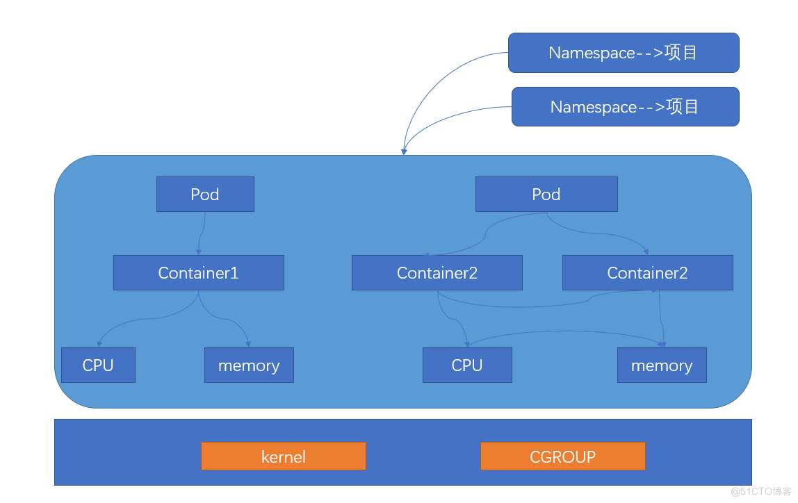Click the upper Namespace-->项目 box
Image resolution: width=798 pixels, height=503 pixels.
coord(624,53)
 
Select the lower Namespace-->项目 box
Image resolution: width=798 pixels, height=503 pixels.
coord(625,106)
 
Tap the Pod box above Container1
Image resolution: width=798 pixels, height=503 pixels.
coord(205,194)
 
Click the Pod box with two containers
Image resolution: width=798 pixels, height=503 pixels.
coord(546,194)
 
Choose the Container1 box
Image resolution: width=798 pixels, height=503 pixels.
coord(199,272)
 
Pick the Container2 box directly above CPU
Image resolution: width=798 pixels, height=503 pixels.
coord(437,272)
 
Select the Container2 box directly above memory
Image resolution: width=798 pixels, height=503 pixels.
coord(647,272)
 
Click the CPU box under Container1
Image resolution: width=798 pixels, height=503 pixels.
coord(98,365)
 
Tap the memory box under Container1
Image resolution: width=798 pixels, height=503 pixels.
coord(249,365)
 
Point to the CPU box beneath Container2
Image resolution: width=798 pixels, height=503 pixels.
coord(467,365)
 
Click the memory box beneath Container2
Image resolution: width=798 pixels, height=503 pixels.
coord(662,365)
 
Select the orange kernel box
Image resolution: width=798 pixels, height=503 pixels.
coord(284,456)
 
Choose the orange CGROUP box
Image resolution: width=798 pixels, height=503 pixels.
coord(563,456)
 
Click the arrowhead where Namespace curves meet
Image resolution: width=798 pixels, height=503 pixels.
coord(403,151)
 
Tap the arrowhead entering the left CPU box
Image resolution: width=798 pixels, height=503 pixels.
coord(99,343)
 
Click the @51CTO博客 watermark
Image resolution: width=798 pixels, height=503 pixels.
coord(760,491)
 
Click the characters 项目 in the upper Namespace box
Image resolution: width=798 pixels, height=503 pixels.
coord(681,53)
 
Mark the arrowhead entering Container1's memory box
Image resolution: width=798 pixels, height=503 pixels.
coord(249,343)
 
